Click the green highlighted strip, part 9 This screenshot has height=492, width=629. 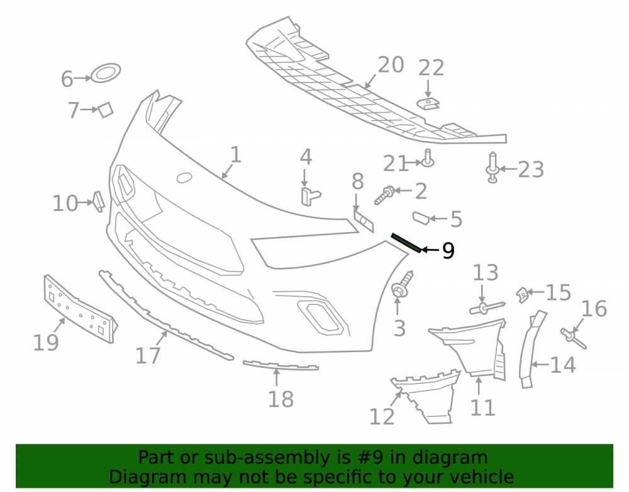tap(406, 243)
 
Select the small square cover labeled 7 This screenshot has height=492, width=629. tap(106, 110)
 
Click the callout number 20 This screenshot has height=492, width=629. tap(391, 65)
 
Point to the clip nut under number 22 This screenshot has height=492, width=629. tap(428, 104)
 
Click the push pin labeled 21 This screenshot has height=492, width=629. tap(428, 158)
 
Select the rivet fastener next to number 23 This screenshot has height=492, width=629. tap(493, 168)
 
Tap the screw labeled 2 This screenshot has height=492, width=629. tap(385, 195)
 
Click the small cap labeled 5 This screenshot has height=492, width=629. tap(421, 218)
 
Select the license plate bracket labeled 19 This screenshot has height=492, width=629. tap(81, 309)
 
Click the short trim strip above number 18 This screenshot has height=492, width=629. tap(281, 365)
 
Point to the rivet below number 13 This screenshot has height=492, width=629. tap(487, 308)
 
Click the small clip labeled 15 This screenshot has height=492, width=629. tap(523, 294)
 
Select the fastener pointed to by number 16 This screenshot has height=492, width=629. tap(573, 338)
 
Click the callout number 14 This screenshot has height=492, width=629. tap(563, 365)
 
